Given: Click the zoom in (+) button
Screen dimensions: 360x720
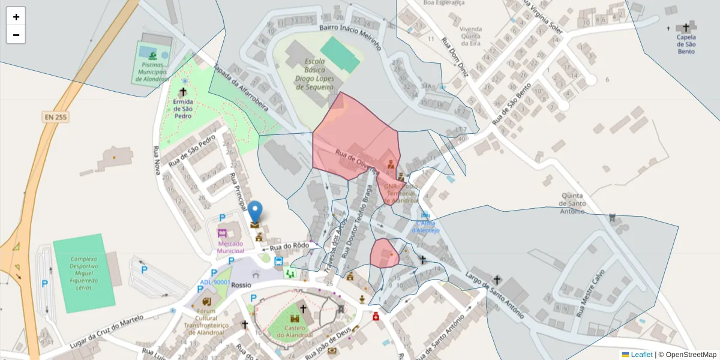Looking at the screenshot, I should (x=16, y=16).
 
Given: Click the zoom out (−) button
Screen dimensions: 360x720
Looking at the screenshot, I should (x=16, y=35).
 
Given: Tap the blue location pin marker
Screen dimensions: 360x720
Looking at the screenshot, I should (x=255, y=212).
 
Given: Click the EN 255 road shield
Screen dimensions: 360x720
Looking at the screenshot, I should (x=55, y=117).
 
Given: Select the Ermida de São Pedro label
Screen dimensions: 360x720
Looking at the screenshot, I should (x=183, y=109).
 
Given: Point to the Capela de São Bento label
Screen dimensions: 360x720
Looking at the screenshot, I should (x=686, y=44).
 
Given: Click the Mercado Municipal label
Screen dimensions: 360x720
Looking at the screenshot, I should (x=231, y=248).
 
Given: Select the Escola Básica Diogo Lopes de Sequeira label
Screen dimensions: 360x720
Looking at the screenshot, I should (x=315, y=74).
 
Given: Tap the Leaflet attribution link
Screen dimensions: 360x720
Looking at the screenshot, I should (x=641, y=355).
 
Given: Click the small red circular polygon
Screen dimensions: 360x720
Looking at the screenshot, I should (x=384, y=253).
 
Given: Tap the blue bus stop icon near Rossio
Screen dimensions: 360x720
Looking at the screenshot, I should (x=278, y=262).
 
